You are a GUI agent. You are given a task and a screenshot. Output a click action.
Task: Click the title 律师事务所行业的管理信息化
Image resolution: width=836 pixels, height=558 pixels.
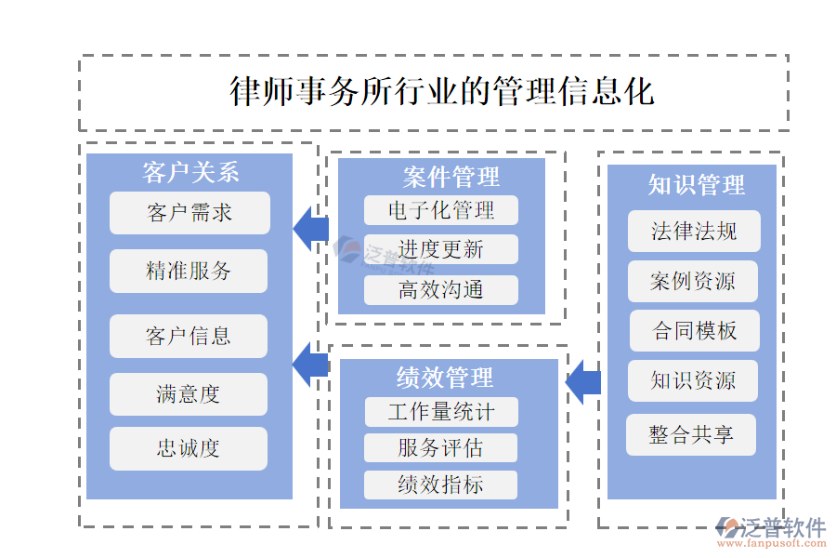click(x=441, y=92)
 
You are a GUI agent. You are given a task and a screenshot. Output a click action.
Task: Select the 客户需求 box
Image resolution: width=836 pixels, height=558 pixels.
click(x=189, y=213)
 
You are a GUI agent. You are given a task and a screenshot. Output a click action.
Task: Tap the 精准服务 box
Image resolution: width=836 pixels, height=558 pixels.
click(x=189, y=271)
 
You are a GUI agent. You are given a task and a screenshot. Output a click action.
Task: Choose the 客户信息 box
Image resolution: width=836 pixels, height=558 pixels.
click(x=189, y=336)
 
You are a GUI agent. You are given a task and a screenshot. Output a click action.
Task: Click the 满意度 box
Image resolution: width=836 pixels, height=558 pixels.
click(x=189, y=394)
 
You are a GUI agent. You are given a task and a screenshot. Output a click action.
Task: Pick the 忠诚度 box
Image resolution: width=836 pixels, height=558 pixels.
click(x=189, y=448)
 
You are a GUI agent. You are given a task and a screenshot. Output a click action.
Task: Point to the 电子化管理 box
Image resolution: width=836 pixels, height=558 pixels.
click(x=440, y=210)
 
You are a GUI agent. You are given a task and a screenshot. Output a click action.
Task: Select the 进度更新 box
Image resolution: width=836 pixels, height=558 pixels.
click(x=440, y=249)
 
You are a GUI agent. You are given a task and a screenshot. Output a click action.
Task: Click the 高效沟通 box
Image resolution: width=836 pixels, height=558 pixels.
click(x=440, y=290)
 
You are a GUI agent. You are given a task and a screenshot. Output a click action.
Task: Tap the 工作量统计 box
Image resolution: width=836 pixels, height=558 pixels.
click(x=440, y=412)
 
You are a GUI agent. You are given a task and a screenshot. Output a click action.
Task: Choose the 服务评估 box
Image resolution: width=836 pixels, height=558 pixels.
click(x=440, y=448)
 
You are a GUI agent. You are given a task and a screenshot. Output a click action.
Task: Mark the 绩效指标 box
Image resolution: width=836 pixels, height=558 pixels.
click(x=440, y=485)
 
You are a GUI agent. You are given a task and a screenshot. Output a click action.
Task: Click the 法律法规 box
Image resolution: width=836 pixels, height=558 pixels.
click(x=694, y=232)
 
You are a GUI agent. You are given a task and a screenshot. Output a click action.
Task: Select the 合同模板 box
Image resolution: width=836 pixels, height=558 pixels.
click(x=695, y=330)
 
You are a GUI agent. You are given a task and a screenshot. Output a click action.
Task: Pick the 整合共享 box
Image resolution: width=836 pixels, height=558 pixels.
click(x=691, y=434)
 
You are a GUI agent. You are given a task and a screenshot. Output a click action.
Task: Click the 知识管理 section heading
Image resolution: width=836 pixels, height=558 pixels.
click(x=696, y=185)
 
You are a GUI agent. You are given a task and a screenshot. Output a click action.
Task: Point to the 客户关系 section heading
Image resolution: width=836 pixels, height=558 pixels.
click(x=190, y=172)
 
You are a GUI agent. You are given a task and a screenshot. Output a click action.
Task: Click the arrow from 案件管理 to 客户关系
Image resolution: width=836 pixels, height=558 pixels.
click(x=311, y=229)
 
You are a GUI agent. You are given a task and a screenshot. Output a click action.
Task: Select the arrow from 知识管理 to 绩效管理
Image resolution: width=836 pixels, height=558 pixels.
click(x=582, y=381)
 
